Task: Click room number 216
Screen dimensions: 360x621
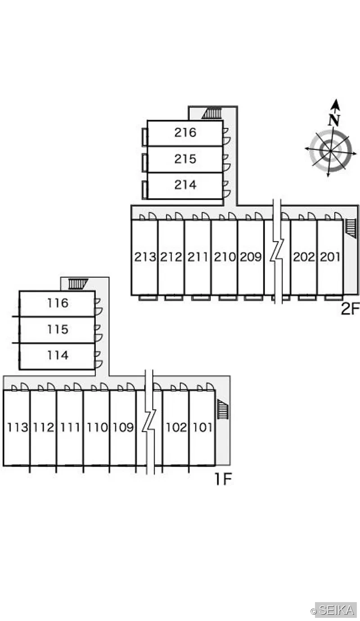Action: coord(185,133)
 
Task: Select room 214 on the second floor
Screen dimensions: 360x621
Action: coord(185,185)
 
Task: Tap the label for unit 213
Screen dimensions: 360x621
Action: coord(145,257)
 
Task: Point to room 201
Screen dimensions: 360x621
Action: coord(330,257)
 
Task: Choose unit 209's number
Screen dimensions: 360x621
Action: coord(251,257)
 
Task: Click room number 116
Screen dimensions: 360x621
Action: coord(58,303)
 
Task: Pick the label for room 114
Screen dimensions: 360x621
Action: coord(58,355)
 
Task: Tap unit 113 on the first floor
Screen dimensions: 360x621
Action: coord(17,428)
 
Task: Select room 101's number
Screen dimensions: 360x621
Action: coord(202,428)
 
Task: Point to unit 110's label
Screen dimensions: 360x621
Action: coord(97,428)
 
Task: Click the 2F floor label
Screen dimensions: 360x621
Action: coord(350,309)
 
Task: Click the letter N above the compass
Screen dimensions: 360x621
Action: coord(334,120)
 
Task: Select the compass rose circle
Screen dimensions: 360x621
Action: coord(331,151)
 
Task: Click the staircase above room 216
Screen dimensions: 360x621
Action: coord(212,114)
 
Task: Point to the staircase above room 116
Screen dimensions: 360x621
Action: coord(78,284)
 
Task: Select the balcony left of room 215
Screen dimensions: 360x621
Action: coord(145,162)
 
